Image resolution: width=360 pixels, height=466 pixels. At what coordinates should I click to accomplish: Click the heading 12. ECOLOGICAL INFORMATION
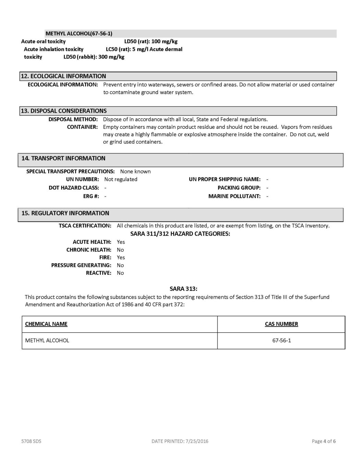click(x=64, y=76)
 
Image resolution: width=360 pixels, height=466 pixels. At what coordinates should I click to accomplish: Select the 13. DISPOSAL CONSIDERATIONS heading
click(x=64, y=111)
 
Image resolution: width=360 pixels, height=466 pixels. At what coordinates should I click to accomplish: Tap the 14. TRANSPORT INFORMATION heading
click(x=63, y=158)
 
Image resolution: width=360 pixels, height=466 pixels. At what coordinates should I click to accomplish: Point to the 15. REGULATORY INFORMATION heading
click(x=65, y=213)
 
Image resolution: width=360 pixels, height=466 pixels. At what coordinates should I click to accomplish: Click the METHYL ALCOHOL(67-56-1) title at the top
click(x=79, y=34)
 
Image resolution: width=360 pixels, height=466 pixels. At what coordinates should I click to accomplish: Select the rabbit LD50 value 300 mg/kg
click(x=111, y=57)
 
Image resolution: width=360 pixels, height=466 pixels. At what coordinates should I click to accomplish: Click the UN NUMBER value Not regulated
click(x=121, y=179)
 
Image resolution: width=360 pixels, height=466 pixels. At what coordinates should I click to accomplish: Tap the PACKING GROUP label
click(x=239, y=188)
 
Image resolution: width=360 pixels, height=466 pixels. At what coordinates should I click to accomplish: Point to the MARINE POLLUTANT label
click(x=235, y=196)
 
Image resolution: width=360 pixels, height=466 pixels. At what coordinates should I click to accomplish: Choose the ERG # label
click(x=91, y=196)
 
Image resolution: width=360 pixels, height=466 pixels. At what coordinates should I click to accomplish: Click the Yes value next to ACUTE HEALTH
click(x=121, y=242)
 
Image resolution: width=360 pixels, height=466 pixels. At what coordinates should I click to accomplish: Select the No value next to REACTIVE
click(x=120, y=273)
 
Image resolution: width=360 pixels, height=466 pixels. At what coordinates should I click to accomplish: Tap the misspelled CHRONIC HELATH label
click(x=89, y=250)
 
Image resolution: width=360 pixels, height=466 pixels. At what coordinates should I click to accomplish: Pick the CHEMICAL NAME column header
click(x=46, y=324)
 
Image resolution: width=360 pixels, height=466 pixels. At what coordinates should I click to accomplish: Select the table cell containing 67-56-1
click(x=281, y=340)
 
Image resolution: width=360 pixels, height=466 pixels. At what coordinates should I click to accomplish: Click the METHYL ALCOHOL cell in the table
click(x=47, y=340)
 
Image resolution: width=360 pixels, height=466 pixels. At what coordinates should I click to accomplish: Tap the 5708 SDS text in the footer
click(x=31, y=441)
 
